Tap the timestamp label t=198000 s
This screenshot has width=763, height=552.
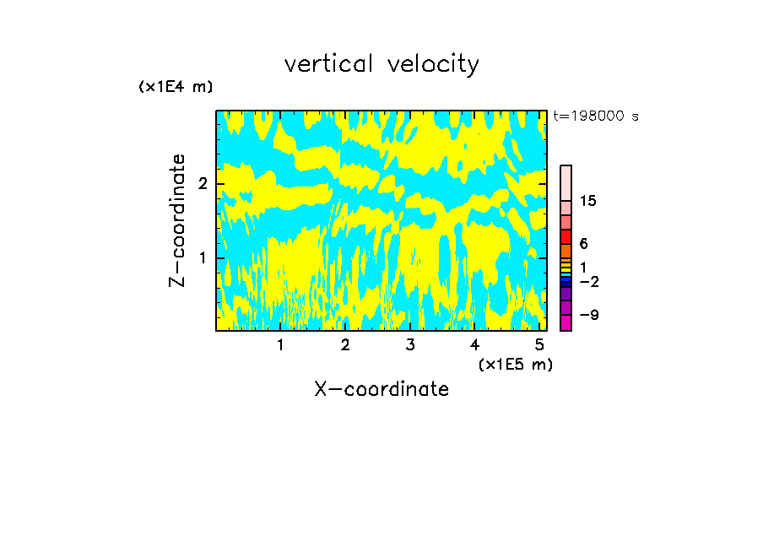(595, 116)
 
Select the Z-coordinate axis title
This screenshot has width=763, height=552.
(177, 220)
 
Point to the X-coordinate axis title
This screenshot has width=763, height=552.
(381, 389)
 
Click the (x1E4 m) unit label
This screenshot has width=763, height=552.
(176, 87)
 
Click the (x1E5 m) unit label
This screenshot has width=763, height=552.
(515, 364)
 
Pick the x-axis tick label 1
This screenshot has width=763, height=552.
(281, 345)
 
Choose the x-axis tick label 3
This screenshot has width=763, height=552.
(410, 345)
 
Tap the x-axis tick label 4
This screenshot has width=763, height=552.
(474, 345)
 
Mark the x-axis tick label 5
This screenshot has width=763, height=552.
(539, 345)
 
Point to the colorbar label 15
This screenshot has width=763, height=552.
(589, 201)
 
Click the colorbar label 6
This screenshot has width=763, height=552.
(583, 244)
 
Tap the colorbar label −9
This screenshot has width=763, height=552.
(589, 316)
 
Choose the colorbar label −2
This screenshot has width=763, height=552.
(589, 281)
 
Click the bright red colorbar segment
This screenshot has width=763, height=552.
(565, 236)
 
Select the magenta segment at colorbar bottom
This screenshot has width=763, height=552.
(565, 322)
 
